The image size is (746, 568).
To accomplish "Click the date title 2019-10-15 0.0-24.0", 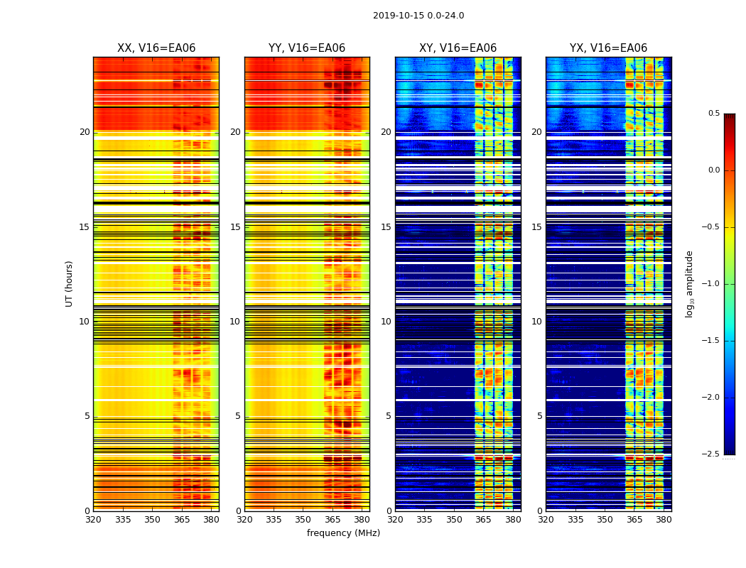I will (x=418, y=16).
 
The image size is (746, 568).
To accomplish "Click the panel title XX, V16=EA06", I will (x=156, y=48).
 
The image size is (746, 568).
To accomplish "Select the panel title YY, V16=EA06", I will (x=307, y=48).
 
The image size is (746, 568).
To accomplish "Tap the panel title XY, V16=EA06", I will (x=458, y=48).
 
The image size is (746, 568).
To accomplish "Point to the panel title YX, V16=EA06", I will (x=608, y=48).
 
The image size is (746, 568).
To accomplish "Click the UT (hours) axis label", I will (x=70, y=283).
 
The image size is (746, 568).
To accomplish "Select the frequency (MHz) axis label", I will (x=343, y=533).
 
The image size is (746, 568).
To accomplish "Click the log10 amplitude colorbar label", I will (x=689, y=283).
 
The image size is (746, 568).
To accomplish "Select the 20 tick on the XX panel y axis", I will (x=85, y=132).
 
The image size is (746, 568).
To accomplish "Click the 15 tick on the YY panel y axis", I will (x=236, y=227).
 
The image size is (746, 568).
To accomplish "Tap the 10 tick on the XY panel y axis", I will (x=386, y=322).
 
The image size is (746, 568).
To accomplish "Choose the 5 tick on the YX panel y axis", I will (x=540, y=416).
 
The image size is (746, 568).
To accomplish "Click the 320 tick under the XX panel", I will (x=93, y=519).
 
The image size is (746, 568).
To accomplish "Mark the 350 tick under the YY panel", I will (x=303, y=519).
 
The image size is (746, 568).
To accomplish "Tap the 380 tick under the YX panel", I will (x=664, y=519).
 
